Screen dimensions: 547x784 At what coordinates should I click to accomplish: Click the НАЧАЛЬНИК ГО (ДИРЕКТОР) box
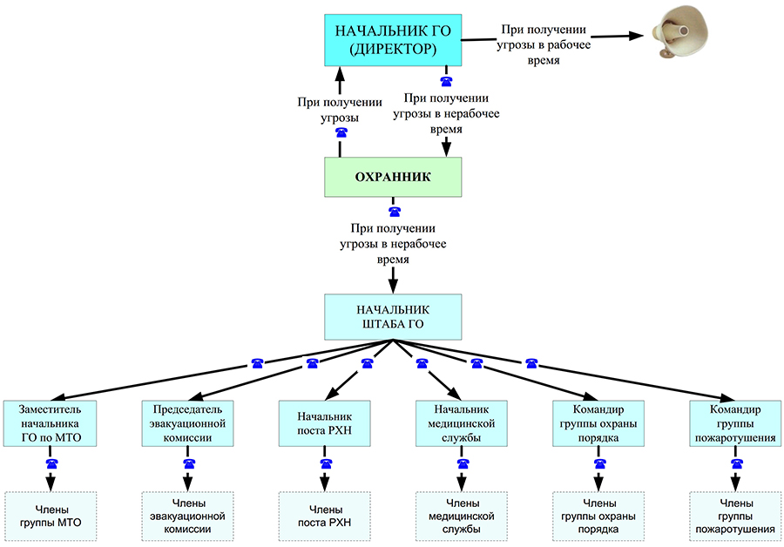pyautogui.click(x=392, y=40)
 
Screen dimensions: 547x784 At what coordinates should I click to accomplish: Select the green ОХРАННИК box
pyautogui.click(x=393, y=177)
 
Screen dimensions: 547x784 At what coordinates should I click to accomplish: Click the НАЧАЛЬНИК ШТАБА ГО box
pyautogui.click(x=394, y=316)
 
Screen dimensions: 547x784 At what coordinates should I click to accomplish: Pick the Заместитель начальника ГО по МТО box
pyautogui.click(x=51, y=424)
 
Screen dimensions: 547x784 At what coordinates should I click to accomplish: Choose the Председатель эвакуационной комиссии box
pyautogui.click(x=188, y=424)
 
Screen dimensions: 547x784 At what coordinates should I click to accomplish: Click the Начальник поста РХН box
pyautogui.click(x=325, y=424)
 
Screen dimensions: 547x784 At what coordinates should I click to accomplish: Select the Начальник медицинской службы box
pyautogui.click(x=462, y=424)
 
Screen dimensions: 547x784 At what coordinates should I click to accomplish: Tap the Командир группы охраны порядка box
pyautogui.click(x=598, y=424)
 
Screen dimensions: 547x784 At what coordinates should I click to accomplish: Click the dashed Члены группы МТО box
pyautogui.click(x=51, y=517)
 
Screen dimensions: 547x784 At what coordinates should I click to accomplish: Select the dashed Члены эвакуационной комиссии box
pyautogui.click(x=188, y=517)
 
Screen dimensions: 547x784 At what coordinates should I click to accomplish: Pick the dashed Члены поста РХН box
pyautogui.click(x=325, y=517)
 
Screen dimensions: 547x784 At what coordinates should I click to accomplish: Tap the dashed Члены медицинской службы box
pyautogui.click(x=462, y=517)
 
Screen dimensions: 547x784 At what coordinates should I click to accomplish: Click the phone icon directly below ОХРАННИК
pyautogui.click(x=394, y=211)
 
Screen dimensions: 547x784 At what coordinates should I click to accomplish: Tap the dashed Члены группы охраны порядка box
pyautogui.click(x=598, y=517)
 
